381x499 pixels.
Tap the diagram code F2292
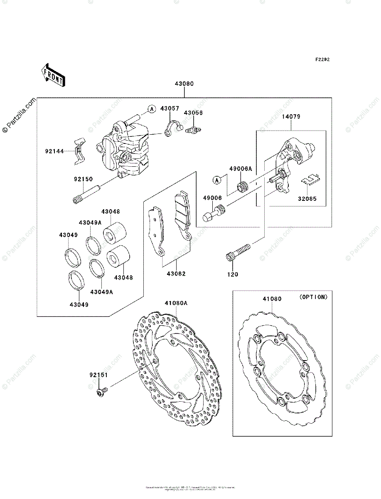[x=322, y=59]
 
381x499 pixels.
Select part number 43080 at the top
[x=184, y=84]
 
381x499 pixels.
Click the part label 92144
[x=54, y=151]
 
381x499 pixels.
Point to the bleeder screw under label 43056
[x=193, y=129]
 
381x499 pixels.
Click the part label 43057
[x=170, y=109]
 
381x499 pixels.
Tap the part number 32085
[x=307, y=199]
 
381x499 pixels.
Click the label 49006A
[x=241, y=169]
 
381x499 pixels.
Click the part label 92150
[x=84, y=180]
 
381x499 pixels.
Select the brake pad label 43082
[x=176, y=274]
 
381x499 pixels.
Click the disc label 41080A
[x=176, y=303]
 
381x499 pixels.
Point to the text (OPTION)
[x=313, y=297]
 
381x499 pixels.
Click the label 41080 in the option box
[x=272, y=299]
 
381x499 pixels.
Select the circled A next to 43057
[x=152, y=109]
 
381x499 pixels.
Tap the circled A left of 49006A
[x=216, y=180]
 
